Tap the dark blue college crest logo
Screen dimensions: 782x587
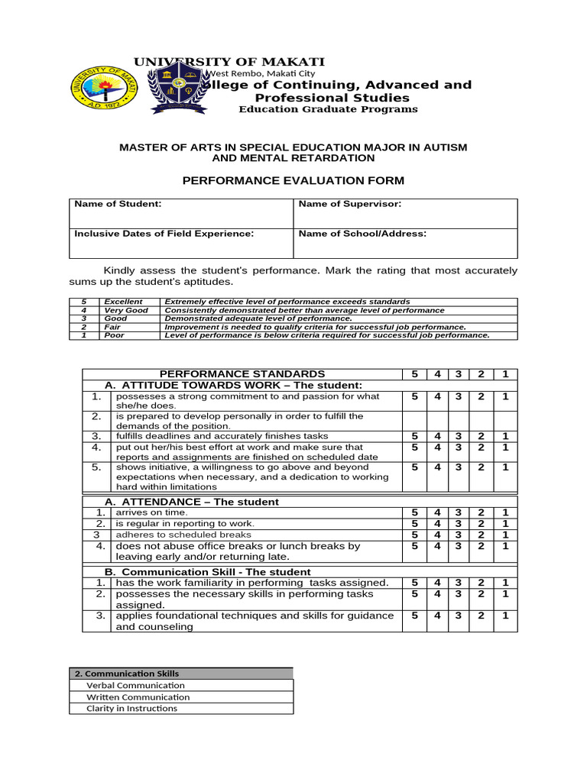tap(178, 88)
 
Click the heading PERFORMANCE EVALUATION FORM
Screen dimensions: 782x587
tap(293, 180)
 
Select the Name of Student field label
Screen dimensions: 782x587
tap(118, 204)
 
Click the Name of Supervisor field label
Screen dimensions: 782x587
tap(349, 204)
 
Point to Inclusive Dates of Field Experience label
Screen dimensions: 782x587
tap(164, 234)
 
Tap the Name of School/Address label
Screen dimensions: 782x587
tap(362, 234)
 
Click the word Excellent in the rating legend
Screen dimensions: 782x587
tap(123, 302)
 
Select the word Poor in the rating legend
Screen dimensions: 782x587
tap(114, 335)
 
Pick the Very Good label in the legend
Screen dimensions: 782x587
tap(126, 310)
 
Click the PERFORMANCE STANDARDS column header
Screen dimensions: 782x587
tap(242, 373)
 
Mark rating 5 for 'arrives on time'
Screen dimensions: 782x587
tap(414, 512)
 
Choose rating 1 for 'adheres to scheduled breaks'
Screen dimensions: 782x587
tap(504, 535)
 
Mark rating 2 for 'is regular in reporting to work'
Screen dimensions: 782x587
tap(482, 524)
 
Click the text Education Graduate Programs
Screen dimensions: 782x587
tap(328, 109)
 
